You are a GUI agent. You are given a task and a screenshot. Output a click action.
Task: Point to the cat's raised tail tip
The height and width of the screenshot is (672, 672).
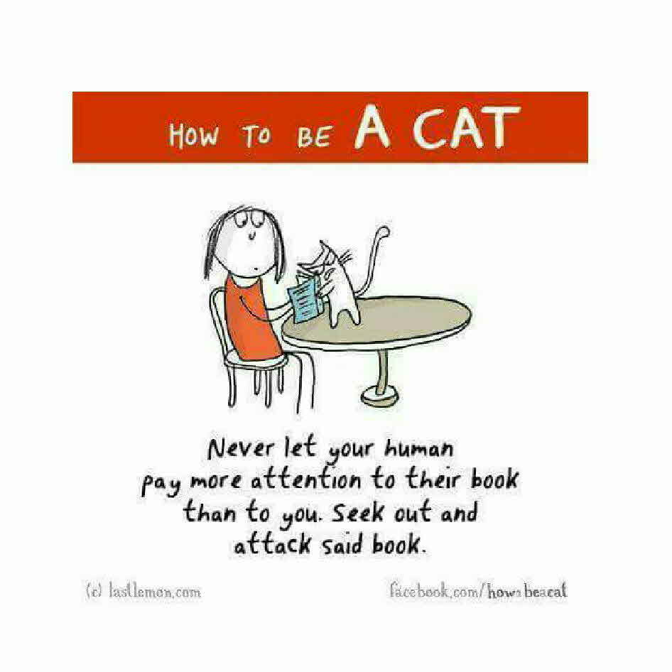384,232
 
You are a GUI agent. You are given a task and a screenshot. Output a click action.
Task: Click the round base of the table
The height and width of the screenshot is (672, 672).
380,397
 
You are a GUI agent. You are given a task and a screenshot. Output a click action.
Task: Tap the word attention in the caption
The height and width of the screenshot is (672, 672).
305,481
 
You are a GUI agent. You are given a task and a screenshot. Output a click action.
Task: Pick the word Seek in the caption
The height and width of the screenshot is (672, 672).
358,513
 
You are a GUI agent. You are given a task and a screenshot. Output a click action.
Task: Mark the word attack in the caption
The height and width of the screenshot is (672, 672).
272,545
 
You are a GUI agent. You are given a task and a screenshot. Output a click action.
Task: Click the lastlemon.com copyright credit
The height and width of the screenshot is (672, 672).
143,592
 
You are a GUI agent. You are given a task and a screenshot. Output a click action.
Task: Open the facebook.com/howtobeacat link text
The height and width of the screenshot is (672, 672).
478,591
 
